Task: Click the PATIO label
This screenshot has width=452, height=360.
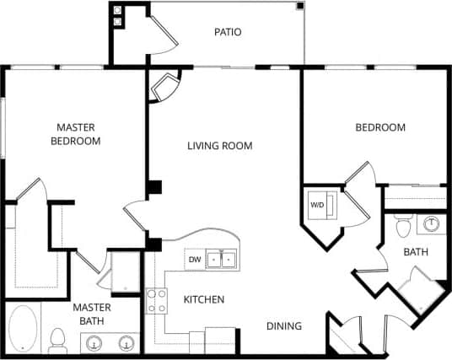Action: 228,33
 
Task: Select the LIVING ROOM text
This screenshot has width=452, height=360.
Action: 219,146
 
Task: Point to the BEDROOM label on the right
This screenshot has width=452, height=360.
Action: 379,127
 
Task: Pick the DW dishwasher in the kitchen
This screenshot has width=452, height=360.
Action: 194,259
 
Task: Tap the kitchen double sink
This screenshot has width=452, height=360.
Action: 222,259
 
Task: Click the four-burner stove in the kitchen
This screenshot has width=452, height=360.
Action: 156,300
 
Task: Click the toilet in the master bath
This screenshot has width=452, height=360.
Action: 58,340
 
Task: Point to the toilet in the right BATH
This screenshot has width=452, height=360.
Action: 403,228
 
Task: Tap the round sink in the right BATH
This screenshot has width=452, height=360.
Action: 432,223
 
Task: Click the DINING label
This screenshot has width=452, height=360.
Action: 284,325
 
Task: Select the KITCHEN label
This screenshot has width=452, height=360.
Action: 204,299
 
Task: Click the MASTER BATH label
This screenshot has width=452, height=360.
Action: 93,314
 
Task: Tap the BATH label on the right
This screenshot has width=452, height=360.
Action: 416,252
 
